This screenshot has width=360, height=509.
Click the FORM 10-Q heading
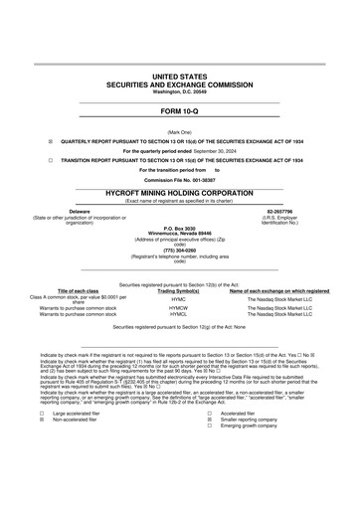tap(179, 111)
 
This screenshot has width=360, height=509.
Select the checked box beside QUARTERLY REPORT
tap(51, 142)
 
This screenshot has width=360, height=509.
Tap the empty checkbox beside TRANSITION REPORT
tap(51, 159)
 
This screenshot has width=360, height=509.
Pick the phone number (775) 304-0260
tap(179, 250)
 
